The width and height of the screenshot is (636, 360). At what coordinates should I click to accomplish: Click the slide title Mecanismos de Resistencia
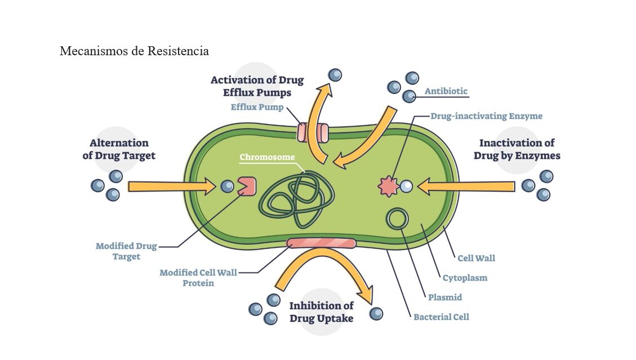click(134, 51)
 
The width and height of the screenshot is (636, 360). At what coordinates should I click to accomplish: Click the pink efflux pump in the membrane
click(312, 133)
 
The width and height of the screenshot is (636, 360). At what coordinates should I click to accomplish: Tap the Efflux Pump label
click(257, 107)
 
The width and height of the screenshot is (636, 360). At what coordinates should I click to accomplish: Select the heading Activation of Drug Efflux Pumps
click(257, 86)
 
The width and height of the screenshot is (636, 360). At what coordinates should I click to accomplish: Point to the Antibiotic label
click(446, 91)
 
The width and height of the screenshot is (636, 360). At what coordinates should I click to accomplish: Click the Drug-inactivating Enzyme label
click(486, 116)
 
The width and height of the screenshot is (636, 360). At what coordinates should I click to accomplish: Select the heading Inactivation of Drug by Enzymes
click(517, 149)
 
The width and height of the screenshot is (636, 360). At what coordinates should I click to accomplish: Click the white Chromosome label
click(267, 157)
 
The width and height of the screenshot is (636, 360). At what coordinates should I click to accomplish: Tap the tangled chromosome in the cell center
click(296, 197)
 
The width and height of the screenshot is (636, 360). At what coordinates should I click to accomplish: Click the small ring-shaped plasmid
click(398, 218)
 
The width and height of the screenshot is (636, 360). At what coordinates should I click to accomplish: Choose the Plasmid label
click(444, 297)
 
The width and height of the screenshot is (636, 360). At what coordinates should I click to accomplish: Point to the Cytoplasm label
click(465, 278)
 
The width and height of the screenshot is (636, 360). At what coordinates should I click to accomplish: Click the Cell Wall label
click(476, 258)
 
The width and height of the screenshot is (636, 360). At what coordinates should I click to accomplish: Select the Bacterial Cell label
click(441, 317)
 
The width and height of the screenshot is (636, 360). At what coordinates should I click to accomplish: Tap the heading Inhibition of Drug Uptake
click(321, 312)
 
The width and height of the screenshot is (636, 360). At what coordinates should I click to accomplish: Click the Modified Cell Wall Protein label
click(198, 278)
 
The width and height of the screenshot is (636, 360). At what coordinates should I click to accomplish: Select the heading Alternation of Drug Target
click(119, 149)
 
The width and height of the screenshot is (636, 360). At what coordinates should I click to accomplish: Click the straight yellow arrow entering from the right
click(468, 186)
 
